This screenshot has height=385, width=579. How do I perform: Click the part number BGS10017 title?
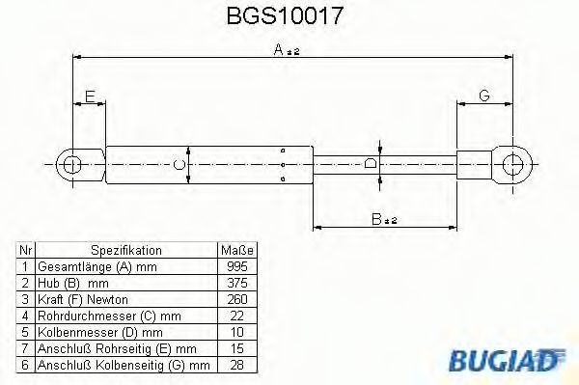[289, 16]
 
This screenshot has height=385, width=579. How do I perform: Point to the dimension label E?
[89, 96]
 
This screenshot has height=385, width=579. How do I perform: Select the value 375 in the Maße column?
[234, 284]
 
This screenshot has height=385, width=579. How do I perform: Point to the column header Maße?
[234, 249]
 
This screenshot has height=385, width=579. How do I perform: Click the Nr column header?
[26, 249]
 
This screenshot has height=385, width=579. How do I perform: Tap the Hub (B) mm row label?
[72, 284]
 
